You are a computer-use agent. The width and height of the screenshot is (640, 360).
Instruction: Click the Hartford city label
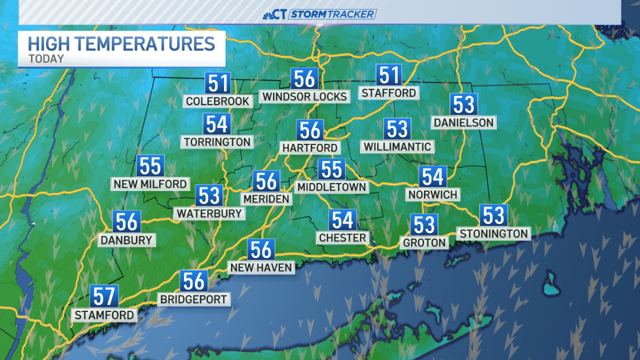tap(310, 148)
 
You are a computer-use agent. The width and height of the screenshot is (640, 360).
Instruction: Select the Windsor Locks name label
tap(304, 96)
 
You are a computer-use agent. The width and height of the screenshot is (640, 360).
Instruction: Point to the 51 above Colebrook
tap(218, 84)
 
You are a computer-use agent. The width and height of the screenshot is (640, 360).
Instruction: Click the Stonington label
tap(494, 233)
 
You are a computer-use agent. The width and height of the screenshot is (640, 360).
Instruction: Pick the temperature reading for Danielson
tap(463, 105)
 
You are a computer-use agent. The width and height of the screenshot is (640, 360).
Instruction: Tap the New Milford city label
tap(150, 184)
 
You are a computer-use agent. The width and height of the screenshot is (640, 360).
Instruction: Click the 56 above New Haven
tap(261, 249)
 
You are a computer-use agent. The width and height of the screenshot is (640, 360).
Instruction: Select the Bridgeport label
tap(194, 299)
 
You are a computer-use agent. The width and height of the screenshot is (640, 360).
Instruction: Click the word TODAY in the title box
tap(46, 59)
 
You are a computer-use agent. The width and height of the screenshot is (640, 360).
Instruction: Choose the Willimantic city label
tap(397, 146)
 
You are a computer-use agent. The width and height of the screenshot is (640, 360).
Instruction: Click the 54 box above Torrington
tap(217, 124)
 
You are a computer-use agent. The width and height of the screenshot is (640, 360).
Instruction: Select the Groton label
tap(425, 243)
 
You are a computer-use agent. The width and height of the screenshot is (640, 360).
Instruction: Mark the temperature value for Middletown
tap(331, 169)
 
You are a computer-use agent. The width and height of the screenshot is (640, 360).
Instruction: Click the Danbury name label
tap(127, 240)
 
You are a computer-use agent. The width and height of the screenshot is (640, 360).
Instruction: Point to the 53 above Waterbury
tap(209, 195)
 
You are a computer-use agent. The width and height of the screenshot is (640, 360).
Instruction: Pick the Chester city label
tap(342, 237)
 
